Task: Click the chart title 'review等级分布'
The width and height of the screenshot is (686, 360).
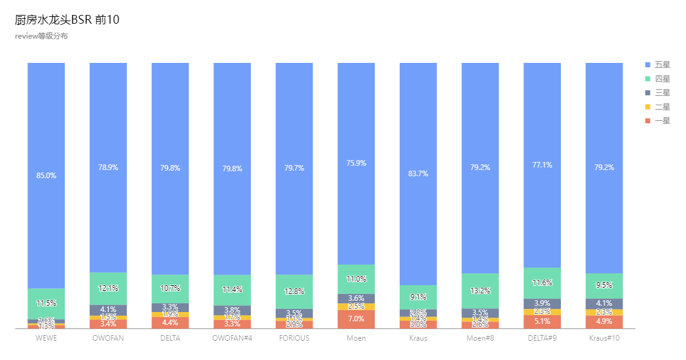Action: coord(41,36)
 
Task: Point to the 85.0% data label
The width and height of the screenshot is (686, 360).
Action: coord(46,176)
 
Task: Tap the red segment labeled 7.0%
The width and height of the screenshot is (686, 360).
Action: coord(356,319)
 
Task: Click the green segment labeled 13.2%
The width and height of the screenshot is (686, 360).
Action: coord(480,291)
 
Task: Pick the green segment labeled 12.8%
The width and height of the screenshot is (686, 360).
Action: coord(294,291)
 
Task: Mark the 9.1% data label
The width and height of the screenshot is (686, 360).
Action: coord(418,297)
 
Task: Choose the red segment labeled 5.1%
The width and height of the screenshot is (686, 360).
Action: coord(542,321)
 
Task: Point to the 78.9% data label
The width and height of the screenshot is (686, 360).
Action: coord(108,168)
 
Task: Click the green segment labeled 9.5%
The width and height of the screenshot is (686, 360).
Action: coord(604,285)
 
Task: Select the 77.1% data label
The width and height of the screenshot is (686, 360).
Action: coord(542,165)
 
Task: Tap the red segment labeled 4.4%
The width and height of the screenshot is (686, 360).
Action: coord(170,323)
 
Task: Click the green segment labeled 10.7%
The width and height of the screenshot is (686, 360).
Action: coord(170,288)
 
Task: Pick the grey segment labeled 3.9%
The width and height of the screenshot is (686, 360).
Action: coord(542,303)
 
